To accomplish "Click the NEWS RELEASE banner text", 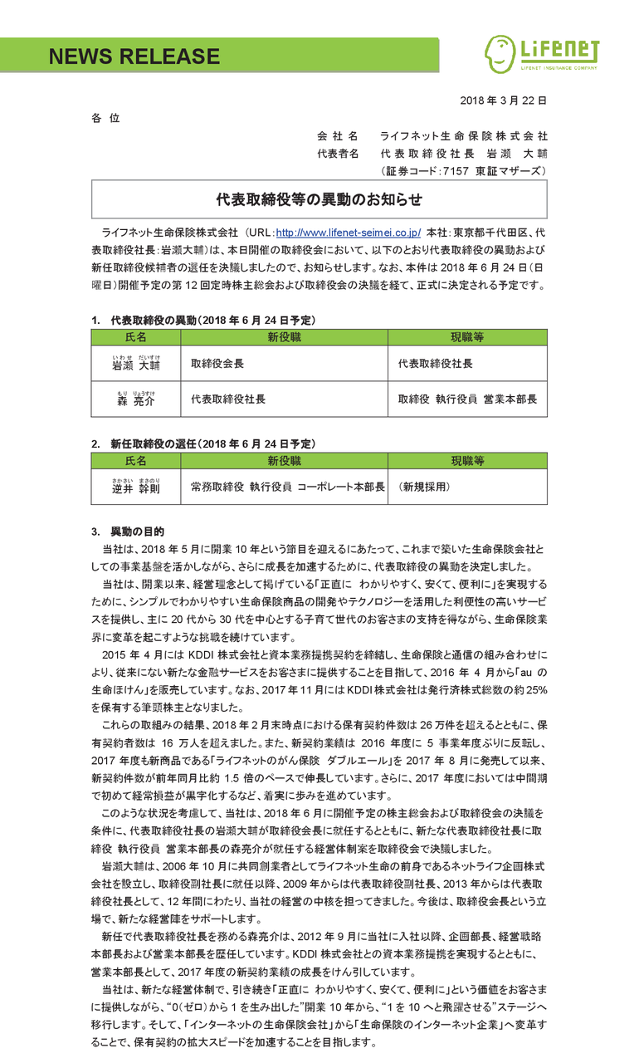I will coord(134,56).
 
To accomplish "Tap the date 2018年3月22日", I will coord(503,100).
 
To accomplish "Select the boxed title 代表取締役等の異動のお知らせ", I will coord(319,199).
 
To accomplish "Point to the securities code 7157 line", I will coord(463,171).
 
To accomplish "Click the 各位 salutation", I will coord(105,119).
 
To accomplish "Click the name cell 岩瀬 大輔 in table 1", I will coord(135,364).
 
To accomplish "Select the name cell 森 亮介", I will coord(135,399).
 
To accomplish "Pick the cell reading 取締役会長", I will coord(217,364).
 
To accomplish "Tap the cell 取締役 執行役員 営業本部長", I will coord(467,399).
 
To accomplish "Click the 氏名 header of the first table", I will coord(135,337).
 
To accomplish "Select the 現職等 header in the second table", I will coord(467,460).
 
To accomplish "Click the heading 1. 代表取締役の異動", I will coord(202,320).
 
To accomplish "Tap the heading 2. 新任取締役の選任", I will coord(202,443).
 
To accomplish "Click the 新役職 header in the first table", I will coord(284,337).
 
